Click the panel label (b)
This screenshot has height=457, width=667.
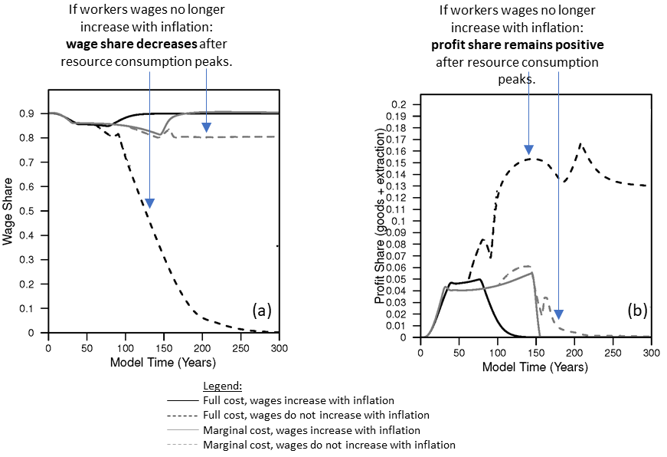click(x=637, y=310)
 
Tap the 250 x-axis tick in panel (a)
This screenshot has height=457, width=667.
click(x=241, y=347)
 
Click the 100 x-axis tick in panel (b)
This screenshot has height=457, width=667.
click(x=497, y=353)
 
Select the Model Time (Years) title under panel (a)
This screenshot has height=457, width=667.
click(x=163, y=361)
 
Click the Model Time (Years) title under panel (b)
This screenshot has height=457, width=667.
click(x=535, y=367)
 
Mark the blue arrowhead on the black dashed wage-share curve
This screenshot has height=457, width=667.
click(x=150, y=203)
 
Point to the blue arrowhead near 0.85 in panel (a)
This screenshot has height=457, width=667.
click(x=206, y=127)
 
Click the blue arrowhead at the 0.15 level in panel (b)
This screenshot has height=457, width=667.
click(x=528, y=150)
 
